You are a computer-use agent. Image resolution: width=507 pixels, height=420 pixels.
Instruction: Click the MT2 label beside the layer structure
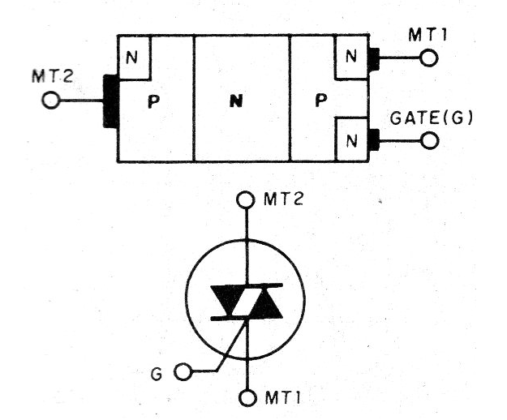(x=53, y=76)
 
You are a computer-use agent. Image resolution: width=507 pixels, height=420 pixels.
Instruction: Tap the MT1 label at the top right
(x=428, y=35)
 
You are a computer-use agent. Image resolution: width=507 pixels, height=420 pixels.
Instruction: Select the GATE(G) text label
(x=432, y=118)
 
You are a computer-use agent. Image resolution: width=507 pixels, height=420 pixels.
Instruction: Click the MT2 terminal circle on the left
(x=51, y=101)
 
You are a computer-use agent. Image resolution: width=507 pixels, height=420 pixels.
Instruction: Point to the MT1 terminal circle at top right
(x=429, y=58)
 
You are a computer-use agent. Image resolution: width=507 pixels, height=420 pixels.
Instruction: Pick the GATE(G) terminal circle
(x=430, y=140)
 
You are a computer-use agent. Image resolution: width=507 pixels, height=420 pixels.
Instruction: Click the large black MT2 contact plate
(x=110, y=101)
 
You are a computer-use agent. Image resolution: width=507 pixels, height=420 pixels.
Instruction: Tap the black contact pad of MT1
(x=374, y=59)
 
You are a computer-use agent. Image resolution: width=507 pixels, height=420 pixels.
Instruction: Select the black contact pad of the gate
(x=374, y=140)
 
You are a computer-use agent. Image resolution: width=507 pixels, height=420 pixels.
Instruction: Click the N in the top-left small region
(x=131, y=58)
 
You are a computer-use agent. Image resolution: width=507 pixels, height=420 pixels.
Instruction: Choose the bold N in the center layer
(x=236, y=102)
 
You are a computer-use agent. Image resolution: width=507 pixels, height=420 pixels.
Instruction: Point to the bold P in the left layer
(x=153, y=101)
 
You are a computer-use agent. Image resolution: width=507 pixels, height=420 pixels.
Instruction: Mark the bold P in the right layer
(x=320, y=101)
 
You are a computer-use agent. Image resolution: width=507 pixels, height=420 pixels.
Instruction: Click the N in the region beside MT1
(x=350, y=58)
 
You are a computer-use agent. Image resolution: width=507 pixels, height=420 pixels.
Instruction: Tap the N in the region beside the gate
(x=351, y=141)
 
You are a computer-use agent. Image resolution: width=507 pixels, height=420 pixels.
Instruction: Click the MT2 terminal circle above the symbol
(x=246, y=200)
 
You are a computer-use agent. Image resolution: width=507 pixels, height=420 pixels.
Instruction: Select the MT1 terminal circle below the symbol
(x=247, y=398)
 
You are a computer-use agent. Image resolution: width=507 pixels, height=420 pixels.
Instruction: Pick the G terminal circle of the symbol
(x=183, y=371)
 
